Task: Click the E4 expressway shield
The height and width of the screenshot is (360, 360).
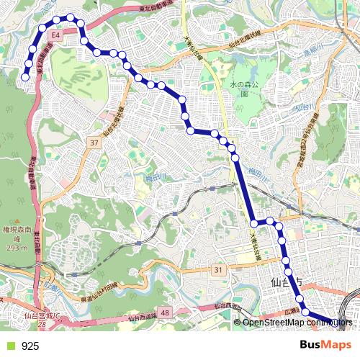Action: [55, 34]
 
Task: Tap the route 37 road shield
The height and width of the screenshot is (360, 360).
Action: [94, 143]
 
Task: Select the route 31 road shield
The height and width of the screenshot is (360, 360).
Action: [219, 269]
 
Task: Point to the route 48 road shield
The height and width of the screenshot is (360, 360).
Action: [166, 312]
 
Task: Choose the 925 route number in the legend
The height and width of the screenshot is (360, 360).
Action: [30, 346]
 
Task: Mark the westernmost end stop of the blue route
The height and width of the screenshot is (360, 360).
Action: [24, 76]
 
